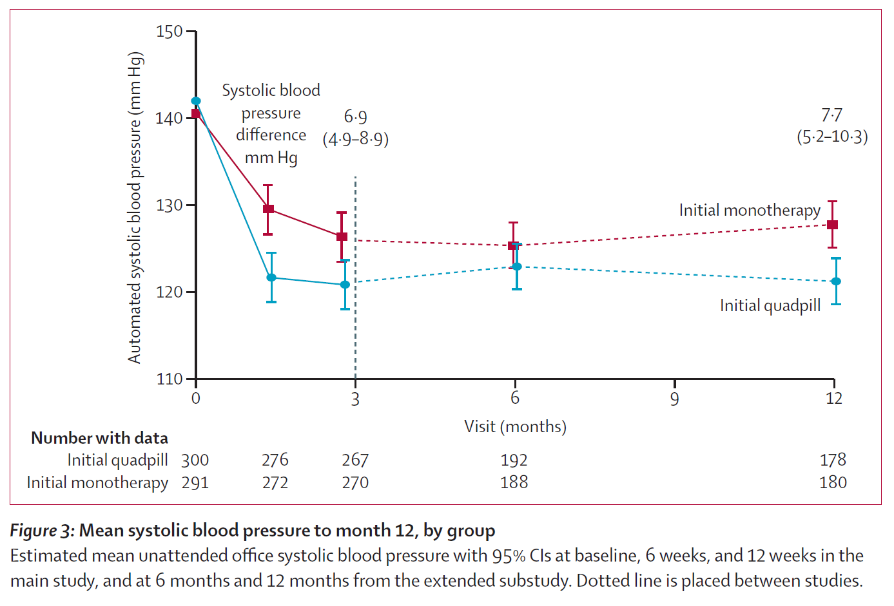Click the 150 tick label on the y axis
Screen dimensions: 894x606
pos(169,32)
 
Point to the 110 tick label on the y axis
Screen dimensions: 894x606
pos(170,379)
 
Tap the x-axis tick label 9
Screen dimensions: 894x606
pos(674,399)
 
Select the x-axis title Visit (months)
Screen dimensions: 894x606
pos(515,426)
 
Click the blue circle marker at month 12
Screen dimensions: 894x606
pos(836,281)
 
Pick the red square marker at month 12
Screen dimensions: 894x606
pos(832,225)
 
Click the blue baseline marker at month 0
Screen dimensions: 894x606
pos(196,101)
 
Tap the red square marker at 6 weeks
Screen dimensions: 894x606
pos(269,209)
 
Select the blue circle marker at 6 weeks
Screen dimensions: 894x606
pos(271,278)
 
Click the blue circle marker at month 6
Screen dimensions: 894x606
pos(517,267)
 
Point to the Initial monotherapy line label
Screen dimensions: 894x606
pos(750,211)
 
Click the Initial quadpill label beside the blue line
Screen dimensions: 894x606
pos(770,306)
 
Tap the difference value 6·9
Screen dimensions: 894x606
pos(355,117)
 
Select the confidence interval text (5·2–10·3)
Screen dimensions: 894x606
pos(833,137)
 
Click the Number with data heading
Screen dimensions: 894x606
pos(99,438)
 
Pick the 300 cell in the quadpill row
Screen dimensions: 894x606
pos(195,460)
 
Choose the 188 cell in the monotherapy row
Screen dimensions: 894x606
pos(514,482)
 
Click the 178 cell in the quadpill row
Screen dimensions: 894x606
pos(833,460)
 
